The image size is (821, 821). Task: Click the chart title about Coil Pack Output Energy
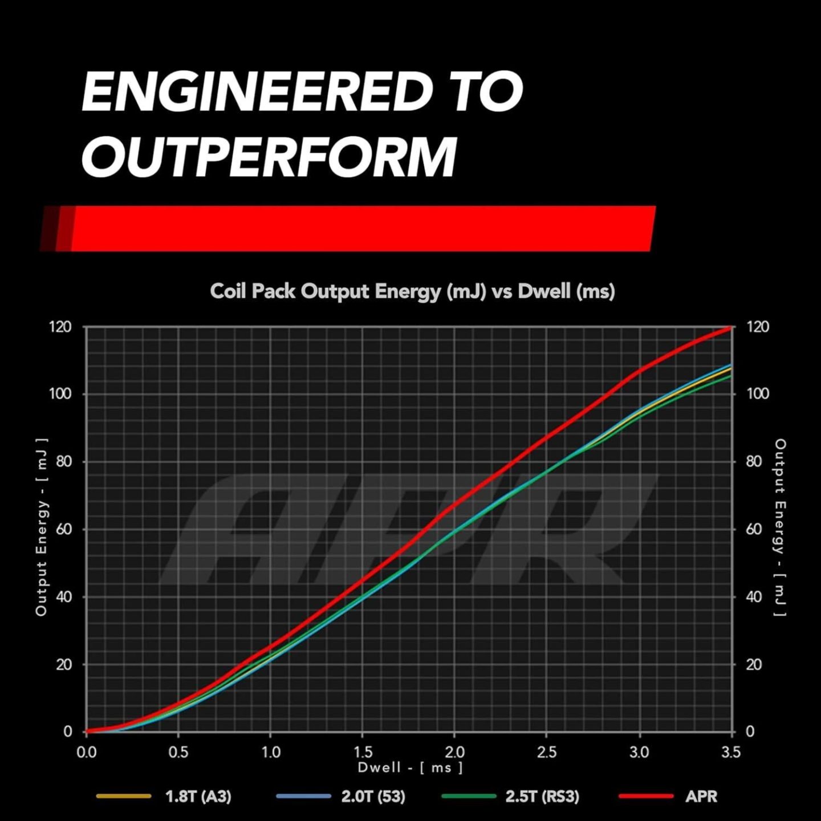coord(412,291)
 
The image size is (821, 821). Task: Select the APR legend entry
coord(701,796)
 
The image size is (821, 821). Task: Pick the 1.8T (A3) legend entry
coord(198,796)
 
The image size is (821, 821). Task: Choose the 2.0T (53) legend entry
coord(373,796)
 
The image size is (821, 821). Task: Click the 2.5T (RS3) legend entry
coord(542,796)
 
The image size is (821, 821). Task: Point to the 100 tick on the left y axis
coord(60,394)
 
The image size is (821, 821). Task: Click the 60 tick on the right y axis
coord(754,529)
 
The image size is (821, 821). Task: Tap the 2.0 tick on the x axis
coord(454,752)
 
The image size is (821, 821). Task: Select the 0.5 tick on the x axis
coord(178,752)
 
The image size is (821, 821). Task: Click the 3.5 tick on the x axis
coord(731,752)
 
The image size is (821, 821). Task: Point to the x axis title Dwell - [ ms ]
coord(410,767)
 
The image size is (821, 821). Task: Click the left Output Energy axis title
coord(41,527)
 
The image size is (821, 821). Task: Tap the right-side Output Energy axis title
coord(780,527)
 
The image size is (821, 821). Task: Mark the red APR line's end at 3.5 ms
coord(730,327)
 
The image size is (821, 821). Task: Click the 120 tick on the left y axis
coord(60,327)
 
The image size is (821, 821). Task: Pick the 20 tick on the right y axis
coord(754,664)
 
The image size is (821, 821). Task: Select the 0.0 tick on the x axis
coord(86,752)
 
